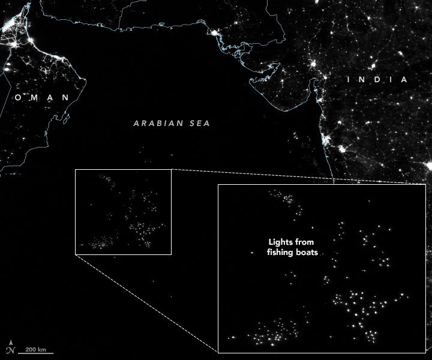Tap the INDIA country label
(x=379, y=80)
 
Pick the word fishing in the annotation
(x=281, y=253)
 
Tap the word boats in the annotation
(x=307, y=253)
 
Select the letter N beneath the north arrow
(x=10, y=351)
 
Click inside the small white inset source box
(x=123, y=212)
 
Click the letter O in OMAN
(x=19, y=97)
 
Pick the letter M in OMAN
(x=34, y=97)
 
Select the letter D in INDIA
(x=379, y=80)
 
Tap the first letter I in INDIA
(x=351, y=80)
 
